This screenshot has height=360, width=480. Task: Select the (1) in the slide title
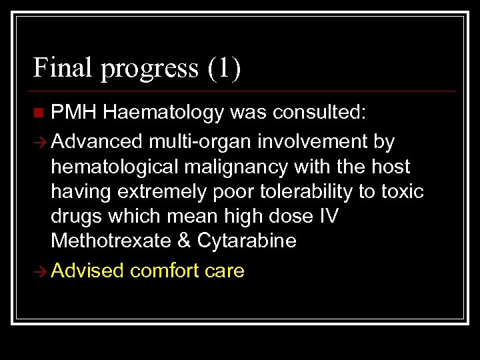click(224, 68)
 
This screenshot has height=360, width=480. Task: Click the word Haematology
click(163, 113)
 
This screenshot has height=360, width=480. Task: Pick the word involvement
click(311, 142)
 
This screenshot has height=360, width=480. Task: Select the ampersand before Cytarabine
click(184, 241)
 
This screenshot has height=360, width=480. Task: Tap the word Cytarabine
click(247, 241)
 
